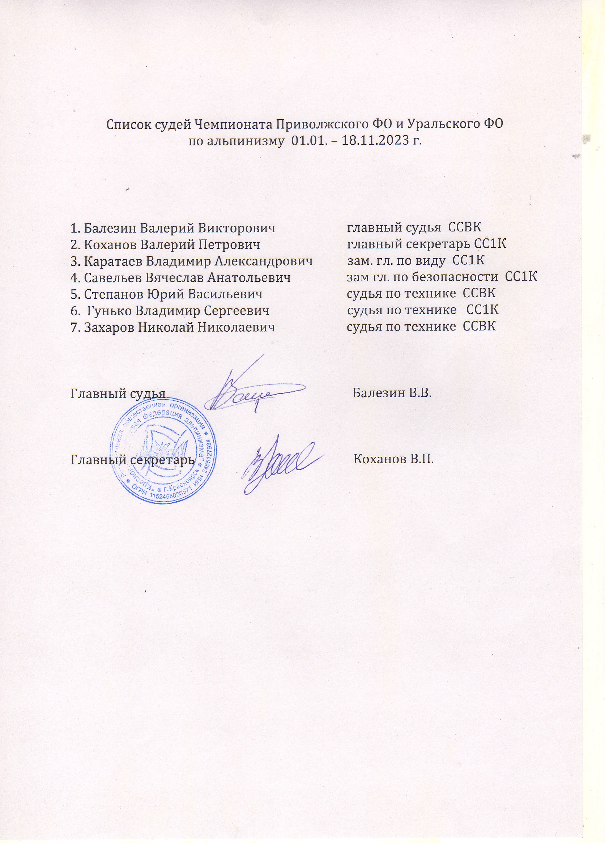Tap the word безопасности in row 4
456,277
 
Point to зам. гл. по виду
396,261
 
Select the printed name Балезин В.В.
392,393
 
